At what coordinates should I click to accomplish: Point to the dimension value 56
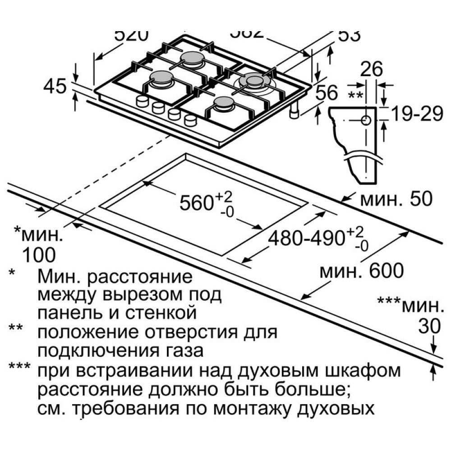(x=326, y=93)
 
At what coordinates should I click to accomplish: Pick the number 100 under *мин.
(x=39, y=255)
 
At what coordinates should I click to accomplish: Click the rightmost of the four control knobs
(x=190, y=120)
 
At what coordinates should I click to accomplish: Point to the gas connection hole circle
(x=366, y=120)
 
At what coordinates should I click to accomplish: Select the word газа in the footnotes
(x=182, y=350)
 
